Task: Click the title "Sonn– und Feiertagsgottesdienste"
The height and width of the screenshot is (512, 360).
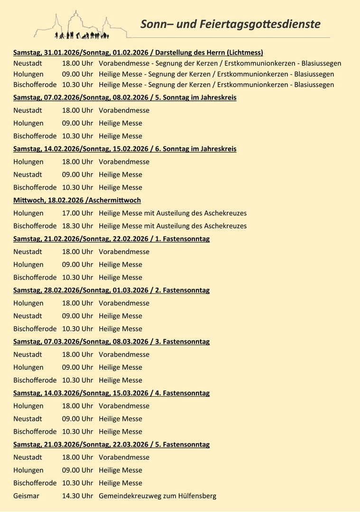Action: [230, 24]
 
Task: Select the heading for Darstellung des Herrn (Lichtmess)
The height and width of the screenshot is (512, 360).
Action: [138, 53]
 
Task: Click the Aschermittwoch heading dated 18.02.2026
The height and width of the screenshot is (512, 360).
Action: [77, 201]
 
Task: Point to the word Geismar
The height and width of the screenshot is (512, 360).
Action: [26, 496]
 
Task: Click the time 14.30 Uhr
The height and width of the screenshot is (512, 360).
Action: [77, 496]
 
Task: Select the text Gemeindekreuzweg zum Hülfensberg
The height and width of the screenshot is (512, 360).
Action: [157, 496]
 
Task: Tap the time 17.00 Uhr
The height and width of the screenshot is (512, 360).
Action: [77, 213]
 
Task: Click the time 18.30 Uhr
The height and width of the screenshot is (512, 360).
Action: [77, 226]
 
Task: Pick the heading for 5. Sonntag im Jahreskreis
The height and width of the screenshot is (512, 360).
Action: [125, 98]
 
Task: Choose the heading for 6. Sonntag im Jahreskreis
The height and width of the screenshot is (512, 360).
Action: [125, 149]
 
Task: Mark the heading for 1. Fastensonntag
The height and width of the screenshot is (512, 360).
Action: [111, 239]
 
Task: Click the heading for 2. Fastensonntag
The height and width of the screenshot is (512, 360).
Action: [111, 290]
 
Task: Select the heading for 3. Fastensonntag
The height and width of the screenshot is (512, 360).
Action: [111, 342]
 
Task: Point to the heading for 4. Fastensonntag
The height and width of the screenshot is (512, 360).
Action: [111, 393]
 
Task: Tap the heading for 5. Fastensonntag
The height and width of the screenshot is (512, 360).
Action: [111, 445]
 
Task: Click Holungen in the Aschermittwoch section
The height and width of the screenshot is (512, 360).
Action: [28, 213]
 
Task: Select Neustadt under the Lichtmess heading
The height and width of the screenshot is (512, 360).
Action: [28, 64]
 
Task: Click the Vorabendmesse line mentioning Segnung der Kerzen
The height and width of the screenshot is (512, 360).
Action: [220, 64]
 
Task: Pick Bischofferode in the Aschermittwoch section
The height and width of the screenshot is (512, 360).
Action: [35, 226]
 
